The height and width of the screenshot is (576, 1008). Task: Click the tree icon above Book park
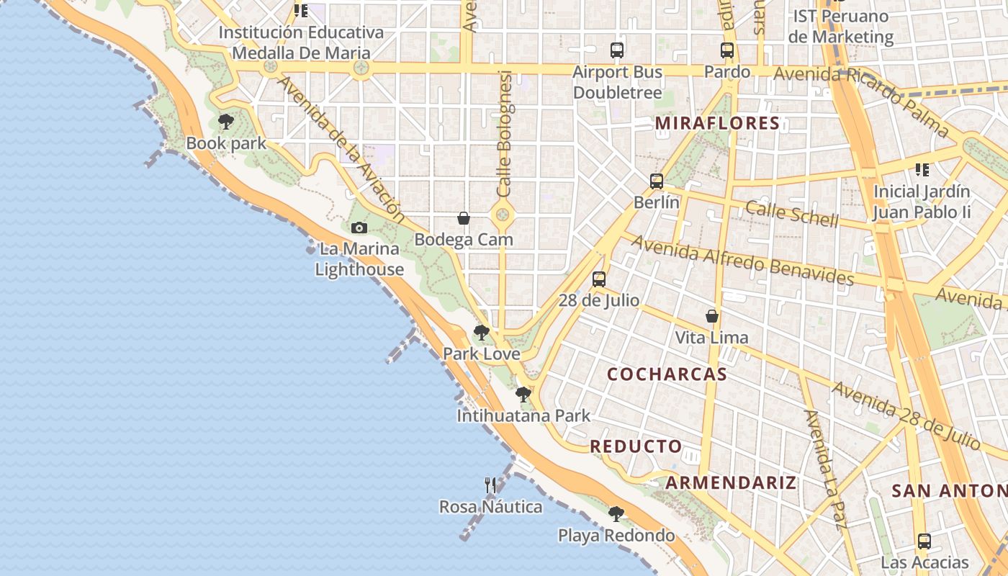[x=226, y=121]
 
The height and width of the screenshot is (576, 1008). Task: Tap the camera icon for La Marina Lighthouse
[x=359, y=228]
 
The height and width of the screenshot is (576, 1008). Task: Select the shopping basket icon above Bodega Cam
[x=464, y=218]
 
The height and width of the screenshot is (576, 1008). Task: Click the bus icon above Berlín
[x=656, y=181]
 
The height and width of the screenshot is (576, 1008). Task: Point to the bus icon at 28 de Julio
[x=599, y=279]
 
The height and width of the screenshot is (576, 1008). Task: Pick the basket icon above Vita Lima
[x=712, y=316]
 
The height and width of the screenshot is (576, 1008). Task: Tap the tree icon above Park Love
[x=481, y=333]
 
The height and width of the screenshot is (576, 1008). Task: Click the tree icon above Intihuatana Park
[x=523, y=395]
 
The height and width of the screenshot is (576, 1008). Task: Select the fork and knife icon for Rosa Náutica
[x=490, y=485]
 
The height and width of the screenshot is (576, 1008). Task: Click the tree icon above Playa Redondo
[x=616, y=514]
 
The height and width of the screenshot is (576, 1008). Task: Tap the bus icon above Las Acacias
[x=924, y=541]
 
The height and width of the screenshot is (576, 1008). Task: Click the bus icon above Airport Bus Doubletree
[x=617, y=50]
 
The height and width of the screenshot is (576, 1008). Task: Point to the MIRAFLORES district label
[x=717, y=123]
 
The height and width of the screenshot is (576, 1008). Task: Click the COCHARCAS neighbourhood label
[x=667, y=374]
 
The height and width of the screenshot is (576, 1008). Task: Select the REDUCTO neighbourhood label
[x=636, y=446]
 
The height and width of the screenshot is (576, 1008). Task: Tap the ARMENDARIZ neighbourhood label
[x=731, y=482]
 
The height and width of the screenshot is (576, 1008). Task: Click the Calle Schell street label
[x=791, y=214]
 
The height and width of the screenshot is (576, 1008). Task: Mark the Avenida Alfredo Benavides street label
[x=742, y=260]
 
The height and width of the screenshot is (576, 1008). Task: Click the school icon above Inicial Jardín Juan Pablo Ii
[x=922, y=170]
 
